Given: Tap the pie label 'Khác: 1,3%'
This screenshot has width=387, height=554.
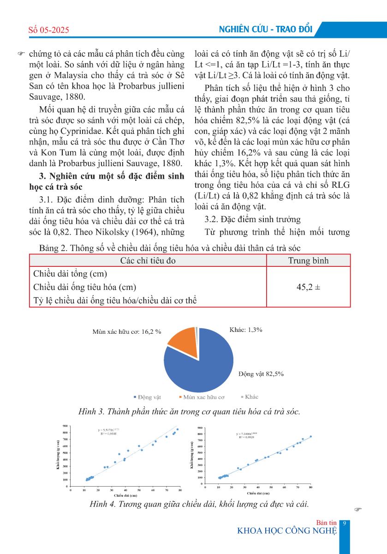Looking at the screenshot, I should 246,330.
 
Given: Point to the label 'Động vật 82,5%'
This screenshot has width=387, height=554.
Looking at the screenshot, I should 261,373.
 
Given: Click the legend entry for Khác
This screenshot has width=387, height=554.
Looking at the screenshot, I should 249,397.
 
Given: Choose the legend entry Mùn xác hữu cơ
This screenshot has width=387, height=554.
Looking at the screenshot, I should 201,397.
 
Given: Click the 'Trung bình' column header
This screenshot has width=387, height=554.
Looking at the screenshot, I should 308,261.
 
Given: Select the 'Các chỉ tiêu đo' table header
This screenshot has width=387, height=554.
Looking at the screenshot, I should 148,261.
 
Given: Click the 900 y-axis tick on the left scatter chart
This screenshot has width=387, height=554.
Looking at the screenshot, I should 65,426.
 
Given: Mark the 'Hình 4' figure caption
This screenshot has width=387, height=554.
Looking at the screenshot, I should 199,504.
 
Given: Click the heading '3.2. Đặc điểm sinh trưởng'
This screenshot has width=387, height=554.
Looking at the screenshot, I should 252,219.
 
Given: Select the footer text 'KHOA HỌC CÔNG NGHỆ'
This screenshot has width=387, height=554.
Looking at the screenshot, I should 286,530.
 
